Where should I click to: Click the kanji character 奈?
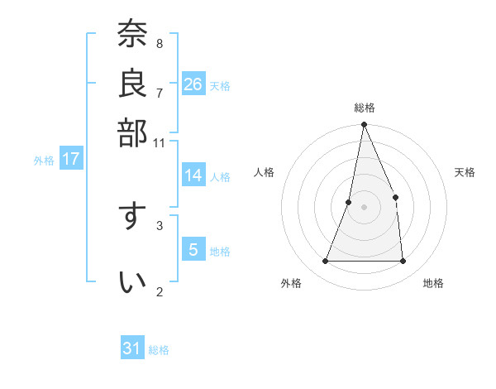pos(132,35)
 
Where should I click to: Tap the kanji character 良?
pos(132,84)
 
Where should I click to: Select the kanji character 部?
pos(132,132)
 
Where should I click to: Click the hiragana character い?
pos(132,282)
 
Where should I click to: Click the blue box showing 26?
pos(193,84)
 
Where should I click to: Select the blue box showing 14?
pos(193,175)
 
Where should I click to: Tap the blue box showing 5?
pos(193,250)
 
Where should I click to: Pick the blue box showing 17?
pos(70,159)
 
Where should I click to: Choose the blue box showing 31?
pos(132,348)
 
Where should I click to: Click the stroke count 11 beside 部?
pos(159,142)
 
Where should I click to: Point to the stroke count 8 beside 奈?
pos(159,43)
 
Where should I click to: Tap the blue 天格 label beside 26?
pos(220,86)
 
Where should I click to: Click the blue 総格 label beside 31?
pos(159,350)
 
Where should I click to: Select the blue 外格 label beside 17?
pos(44,161)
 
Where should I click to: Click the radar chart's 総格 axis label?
pos(364,108)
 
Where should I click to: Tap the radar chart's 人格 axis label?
pos(265,172)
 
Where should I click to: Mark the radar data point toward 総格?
pos(364,125)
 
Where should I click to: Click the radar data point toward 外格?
pos(326,261)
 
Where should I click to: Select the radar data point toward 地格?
pos(403,261)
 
